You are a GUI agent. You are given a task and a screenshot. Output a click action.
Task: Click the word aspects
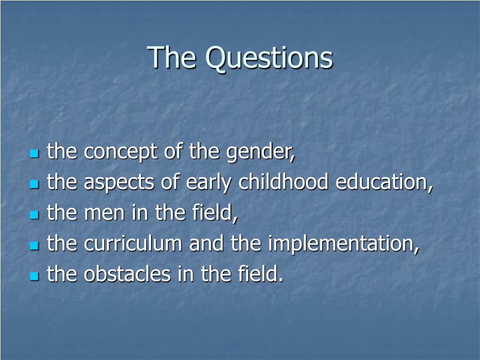(119, 183)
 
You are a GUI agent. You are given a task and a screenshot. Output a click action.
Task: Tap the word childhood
(283, 181)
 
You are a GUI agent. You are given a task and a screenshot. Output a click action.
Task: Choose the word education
(384, 182)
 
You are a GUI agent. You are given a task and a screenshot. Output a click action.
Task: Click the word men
(104, 213)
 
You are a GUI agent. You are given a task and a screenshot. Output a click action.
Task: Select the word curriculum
(133, 243)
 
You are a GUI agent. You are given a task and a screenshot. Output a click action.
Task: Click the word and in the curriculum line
(206, 243)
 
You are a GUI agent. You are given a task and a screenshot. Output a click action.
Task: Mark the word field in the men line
(215, 213)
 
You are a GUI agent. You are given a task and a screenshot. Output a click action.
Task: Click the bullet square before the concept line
(35, 153)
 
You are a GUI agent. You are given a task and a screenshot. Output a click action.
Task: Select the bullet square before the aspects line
(35, 184)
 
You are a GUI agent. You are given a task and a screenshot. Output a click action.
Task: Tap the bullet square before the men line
(35, 215)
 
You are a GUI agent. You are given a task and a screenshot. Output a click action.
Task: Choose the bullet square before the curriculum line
(35, 245)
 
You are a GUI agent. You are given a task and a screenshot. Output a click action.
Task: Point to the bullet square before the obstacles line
(35, 276)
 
